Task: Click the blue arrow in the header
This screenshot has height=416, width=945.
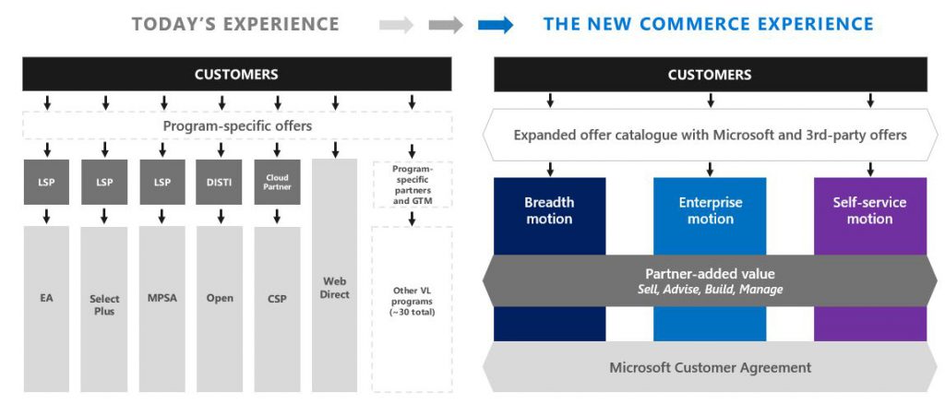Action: pyautogui.click(x=496, y=25)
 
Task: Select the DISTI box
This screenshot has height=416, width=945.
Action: pyautogui.click(x=219, y=182)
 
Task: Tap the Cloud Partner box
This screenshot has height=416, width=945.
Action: pyautogui.click(x=277, y=182)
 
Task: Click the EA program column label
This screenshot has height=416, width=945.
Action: pyautogui.click(x=46, y=298)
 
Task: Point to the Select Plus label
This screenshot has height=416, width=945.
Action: pyautogui.click(x=104, y=304)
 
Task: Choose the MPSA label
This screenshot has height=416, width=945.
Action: pyautogui.click(x=161, y=298)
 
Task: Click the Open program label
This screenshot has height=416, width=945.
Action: pyautogui.click(x=220, y=298)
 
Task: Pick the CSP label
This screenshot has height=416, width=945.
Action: pyautogui.click(x=277, y=298)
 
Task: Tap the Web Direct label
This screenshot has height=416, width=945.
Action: pyautogui.click(x=334, y=288)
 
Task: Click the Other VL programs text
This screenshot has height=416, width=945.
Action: pyautogui.click(x=412, y=301)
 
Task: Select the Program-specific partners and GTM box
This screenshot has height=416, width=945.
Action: pyautogui.click(x=412, y=184)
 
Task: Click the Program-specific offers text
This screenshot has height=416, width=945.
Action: pyautogui.click(x=237, y=125)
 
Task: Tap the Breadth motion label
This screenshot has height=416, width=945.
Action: pyautogui.click(x=549, y=210)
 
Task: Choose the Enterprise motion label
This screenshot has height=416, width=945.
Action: pyautogui.click(x=710, y=210)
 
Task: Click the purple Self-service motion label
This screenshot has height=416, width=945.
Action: pyautogui.click(x=869, y=210)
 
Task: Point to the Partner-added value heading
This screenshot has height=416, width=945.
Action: pyautogui.click(x=710, y=273)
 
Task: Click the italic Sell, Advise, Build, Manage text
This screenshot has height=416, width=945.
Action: pyautogui.click(x=710, y=290)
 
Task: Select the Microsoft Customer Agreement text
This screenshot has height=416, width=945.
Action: pyautogui.click(x=710, y=367)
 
